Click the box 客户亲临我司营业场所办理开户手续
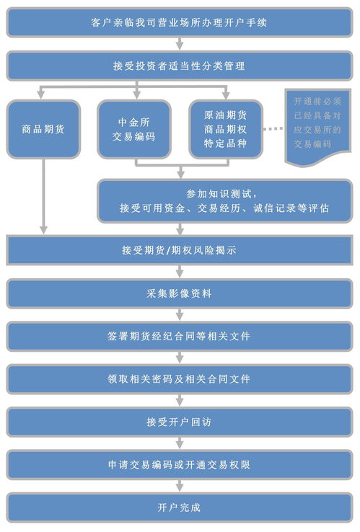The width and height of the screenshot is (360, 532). [x=180, y=22]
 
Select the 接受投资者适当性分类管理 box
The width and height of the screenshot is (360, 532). [x=180, y=66]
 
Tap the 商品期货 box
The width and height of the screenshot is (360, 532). [x=43, y=129]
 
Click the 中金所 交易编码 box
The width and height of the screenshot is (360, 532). [x=133, y=129]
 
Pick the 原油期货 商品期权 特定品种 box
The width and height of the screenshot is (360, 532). [x=226, y=129]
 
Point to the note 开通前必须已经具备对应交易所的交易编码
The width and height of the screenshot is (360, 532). [x=317, y=127]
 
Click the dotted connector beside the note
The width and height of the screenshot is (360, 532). [x=273, y=129]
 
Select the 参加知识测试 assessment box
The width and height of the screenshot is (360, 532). [x=225, y=201]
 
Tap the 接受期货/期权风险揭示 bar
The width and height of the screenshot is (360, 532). [x=180, y=250]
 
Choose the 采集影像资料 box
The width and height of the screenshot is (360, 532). [x=180, y=293]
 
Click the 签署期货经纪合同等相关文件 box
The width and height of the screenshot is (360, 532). [x=180, y=336]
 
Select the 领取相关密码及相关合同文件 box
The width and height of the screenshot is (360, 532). [x=180, y=379]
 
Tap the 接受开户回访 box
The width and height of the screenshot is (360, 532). [x=180, y=422]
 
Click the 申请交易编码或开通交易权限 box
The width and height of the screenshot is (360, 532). [x=180, y=465]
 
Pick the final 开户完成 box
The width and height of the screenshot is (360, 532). [x=180, y=507]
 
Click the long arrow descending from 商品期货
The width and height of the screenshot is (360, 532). [x=43, y=197]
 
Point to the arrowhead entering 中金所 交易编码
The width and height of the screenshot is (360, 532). [x=136, y=94]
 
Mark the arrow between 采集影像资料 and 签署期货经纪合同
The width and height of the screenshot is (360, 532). [x=180, y=315]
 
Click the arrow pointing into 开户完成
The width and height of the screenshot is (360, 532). [x=180, y=486]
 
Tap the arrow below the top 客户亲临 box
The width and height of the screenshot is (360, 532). [x=180, y=44]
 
